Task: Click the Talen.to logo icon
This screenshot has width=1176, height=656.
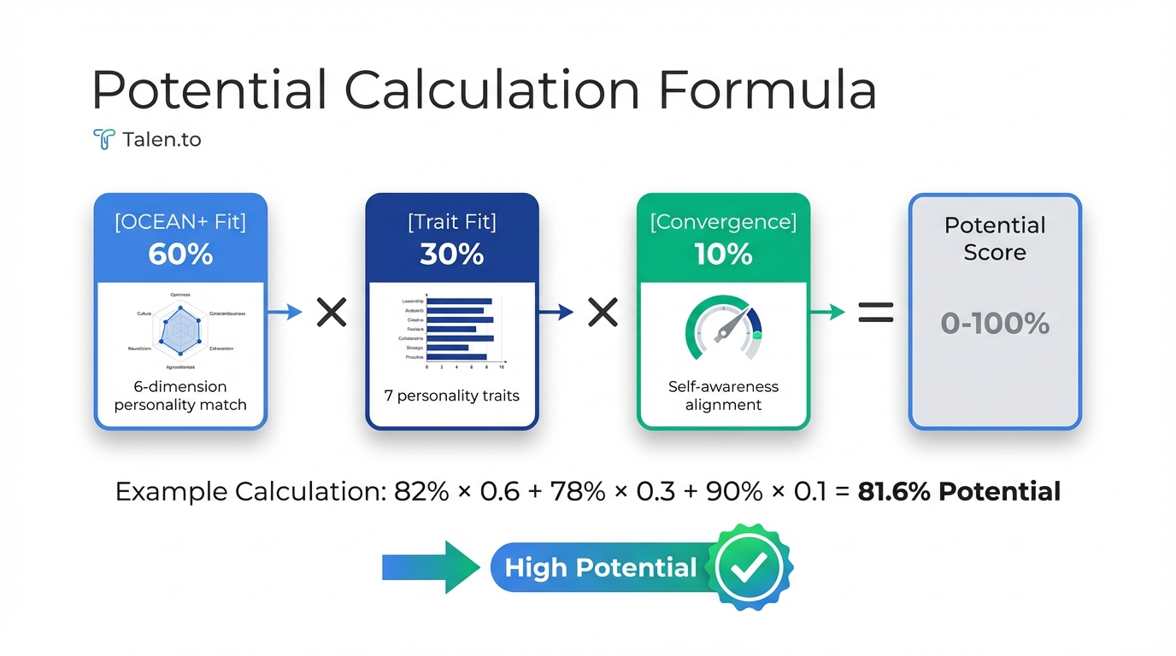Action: pos(103,139)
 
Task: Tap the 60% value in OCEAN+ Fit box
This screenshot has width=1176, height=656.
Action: pos(180,255)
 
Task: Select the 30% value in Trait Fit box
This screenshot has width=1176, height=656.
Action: pos(451,255)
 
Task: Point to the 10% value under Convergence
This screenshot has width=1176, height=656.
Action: pos(723,255)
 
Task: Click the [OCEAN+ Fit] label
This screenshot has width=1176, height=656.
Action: pos(180,223)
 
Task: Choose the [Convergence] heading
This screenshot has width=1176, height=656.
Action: pos(723,223)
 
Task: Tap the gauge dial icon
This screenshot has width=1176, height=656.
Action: pos(723,328)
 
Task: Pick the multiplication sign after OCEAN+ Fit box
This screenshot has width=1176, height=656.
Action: pos(332,313)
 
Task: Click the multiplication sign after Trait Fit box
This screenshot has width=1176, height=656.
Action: pos(603,313)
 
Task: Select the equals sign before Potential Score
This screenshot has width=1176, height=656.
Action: pos(875,313)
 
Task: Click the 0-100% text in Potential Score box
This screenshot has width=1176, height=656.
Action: pos(995,324)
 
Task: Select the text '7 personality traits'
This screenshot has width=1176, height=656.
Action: pos(451,396)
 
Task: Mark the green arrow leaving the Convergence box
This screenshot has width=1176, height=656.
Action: pos(827,313)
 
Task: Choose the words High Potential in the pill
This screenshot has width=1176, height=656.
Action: pos(600,568)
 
